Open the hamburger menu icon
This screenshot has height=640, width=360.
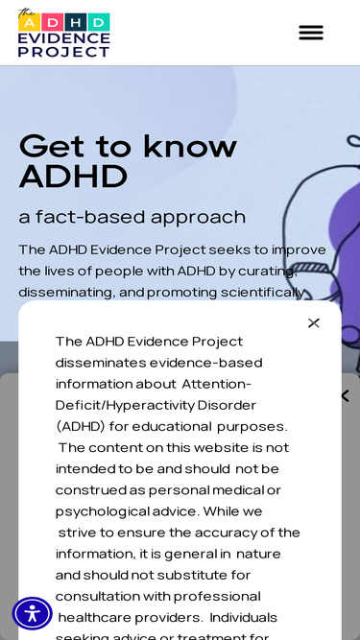[x=311, y=33]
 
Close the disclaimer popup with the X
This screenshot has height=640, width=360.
[x=313, y=323]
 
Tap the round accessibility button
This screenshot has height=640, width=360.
[x=32, y=613]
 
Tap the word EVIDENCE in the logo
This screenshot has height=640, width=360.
[x=63, y=38]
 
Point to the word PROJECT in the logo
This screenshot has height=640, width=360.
[x=63, y=52]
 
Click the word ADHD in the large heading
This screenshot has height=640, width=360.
[x=73, y=177]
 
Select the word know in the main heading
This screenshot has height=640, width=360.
[x=189, y=146]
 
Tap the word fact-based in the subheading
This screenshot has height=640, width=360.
[x=93, y=217]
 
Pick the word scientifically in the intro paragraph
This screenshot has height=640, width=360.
[x=262, y=293]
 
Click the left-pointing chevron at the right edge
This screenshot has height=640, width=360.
[x=345, y=395]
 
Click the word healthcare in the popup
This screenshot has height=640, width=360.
[x=106, y=616]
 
